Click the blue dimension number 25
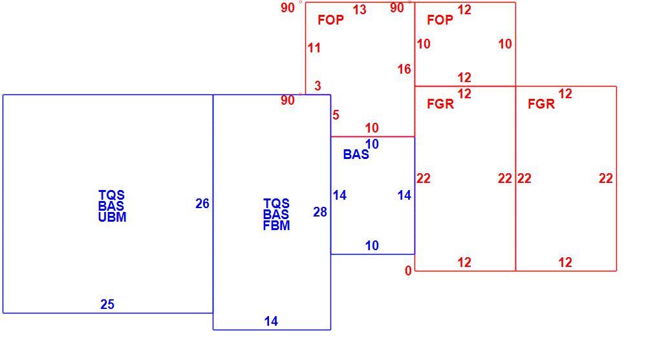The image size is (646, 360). point(107,304)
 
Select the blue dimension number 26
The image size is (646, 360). point(202,204)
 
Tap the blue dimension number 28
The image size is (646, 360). point(320,212)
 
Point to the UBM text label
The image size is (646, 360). point(112,217)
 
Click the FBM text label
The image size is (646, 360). point(277,226)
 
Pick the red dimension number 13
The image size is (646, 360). point(360,10)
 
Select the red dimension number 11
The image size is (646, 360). point(314,48)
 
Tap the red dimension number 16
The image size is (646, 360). point(404,69)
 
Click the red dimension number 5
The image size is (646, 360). point(336,115)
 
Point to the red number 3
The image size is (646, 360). point(318,86)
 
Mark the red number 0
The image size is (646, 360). point(408,271)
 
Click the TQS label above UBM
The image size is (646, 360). point(112,195)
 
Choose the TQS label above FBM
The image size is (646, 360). point(277,203)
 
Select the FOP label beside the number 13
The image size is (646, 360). point(331,20)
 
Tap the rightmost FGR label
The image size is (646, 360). point(541,104)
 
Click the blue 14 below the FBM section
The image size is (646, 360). point(271,321)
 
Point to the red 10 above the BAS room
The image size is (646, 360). point(372,128)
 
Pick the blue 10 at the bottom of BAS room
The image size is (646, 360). point(372,246)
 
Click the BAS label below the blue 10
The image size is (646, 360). point(356,154)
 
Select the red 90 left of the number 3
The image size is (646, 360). point(288,100)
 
